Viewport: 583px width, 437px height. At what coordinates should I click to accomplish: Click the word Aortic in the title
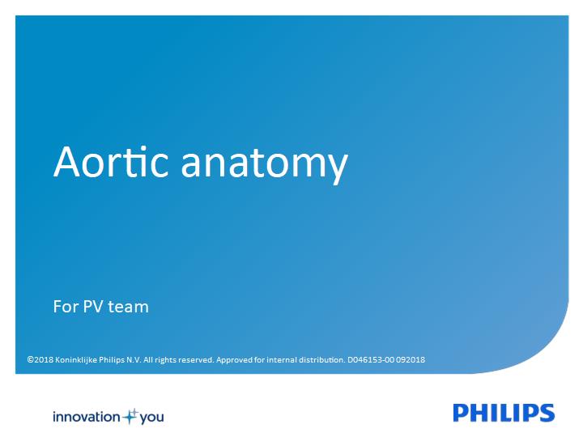coord(111,162)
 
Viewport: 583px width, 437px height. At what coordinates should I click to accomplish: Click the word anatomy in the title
coord(264,165)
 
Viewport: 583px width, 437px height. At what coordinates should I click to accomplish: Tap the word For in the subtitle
coord(66,307)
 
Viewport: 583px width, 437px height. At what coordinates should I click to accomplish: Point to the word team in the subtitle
coord(128,308)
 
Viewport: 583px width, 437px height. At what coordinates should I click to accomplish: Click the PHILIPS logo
coord(504,413)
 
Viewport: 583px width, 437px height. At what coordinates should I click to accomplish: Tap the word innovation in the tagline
coord(87,417)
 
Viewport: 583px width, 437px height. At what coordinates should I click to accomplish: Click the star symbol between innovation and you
coord(130,416)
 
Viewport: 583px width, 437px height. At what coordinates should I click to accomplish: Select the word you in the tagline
coord(151,418)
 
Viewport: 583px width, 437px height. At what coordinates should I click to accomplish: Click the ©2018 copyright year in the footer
coord(40,359)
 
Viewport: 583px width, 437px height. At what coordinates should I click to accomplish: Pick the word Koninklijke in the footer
coord(76,360)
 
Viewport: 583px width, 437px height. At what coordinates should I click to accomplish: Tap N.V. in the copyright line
coord(134,359)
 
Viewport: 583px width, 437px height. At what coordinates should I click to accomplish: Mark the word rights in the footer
coord(165,360)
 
